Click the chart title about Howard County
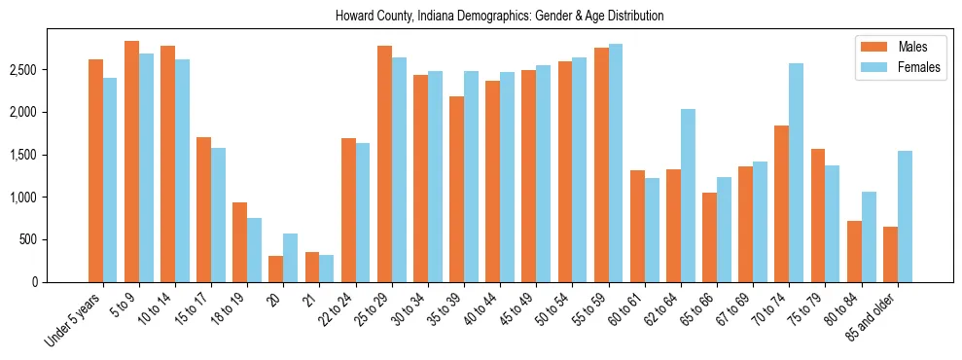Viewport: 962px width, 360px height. pyautogui.click(x=499, y=17)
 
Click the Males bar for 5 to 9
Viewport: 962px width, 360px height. pyautogui.click(x=131, y=162)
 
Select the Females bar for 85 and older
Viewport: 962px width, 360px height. pyautogui.click(x=905, y=216)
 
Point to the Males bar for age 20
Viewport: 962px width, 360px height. pyautogui.click(x=275, y=269)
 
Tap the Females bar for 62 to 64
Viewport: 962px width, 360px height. pyautogui.click(x=688, y=196)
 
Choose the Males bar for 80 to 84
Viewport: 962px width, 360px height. pyautogui.click(x=854, y=251)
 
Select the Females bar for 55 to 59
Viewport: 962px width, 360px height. pyautogui.click(x=616, y=162)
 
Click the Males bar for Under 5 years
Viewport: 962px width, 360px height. pyautogui.click(x=95, y=170)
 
